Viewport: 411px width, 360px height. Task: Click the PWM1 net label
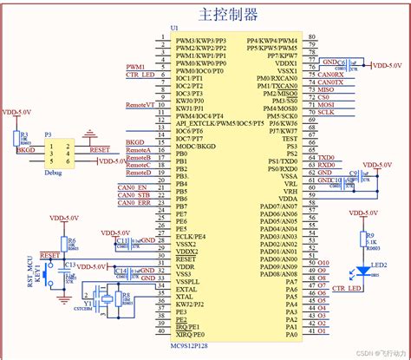pos(135,67)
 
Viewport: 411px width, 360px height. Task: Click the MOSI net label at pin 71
pos(325,104)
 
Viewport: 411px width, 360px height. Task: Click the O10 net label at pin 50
pos(323,260)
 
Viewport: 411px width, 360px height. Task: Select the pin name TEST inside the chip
pos(289,138)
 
